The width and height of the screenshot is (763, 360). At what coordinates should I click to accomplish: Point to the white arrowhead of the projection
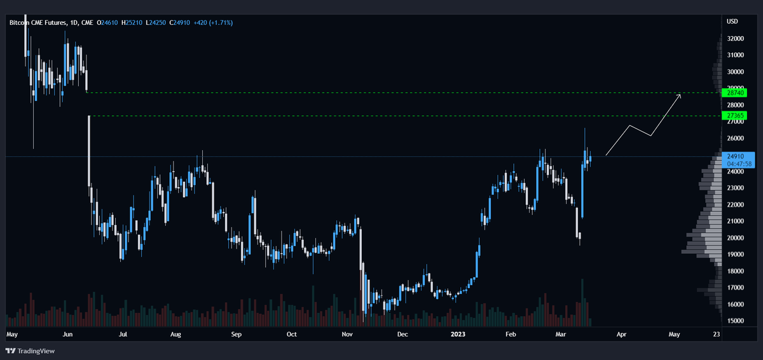point(679,95)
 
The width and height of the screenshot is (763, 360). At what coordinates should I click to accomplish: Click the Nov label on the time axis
point(347,333)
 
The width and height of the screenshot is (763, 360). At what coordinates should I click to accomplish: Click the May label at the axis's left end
point(12,333)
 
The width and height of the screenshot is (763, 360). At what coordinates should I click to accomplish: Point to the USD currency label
point(732,22)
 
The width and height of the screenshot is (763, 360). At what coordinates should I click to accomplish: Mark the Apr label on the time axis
point(621,333)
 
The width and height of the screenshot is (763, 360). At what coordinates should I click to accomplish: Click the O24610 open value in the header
point(107,23)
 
